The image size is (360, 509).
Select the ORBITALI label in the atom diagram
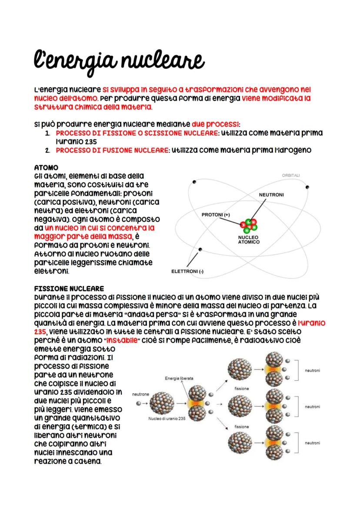click(x=290, y=175)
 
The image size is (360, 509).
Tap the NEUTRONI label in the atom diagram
click(x=271, y=195)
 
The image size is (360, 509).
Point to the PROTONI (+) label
click(x=215, y=215)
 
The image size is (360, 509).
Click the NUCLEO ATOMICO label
click(x=249, y=240)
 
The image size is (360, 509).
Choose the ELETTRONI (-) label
click(x=188, y=272)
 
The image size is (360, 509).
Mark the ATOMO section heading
click(x=46, y=167)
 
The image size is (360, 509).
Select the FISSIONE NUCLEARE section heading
click(x=69, y=288)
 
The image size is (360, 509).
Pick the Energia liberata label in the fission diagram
click(x=179, y=379)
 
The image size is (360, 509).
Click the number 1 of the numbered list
click(x=48, y=133)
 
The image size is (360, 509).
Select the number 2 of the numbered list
click(x=48, y=150)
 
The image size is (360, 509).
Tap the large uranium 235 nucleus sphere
click(x=162, y=403)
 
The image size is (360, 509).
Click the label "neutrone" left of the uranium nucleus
click(x=140, y=394)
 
